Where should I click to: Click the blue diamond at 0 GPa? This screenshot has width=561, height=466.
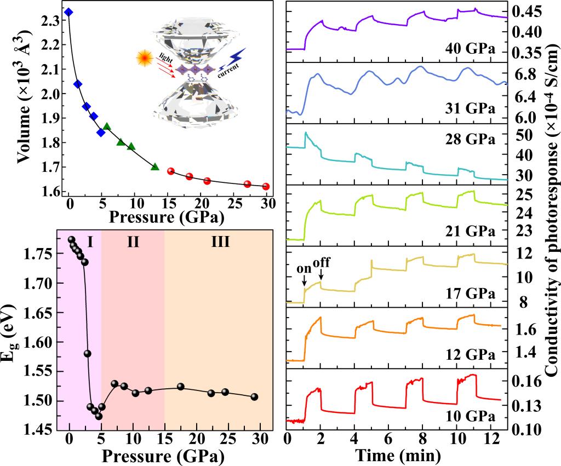click(68, 12)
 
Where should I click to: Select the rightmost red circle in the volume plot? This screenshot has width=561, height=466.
click(266, 186)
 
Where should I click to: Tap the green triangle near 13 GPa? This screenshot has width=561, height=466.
click(155, 166)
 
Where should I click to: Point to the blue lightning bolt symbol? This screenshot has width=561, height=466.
click(238, 56)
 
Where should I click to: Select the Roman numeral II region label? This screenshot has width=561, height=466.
click(133, 241)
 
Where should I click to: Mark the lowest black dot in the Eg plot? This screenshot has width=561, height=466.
click(99, 416)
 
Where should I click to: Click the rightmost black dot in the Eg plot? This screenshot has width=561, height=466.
click(254, 396)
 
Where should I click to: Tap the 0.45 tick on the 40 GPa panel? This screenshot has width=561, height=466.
click(528, 11)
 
